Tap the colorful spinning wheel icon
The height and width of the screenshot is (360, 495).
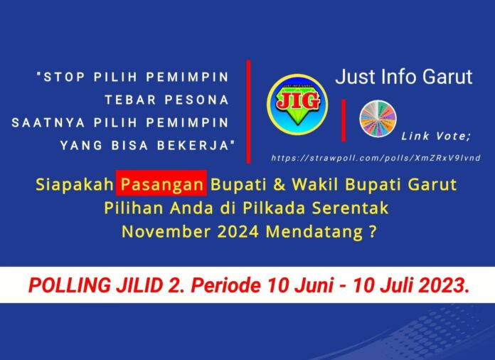coord(378,118)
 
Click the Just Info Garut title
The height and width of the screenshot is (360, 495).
coord(404,77)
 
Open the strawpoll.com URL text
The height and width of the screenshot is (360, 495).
coord(376,157)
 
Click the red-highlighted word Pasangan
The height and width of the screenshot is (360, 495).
coord(162,184)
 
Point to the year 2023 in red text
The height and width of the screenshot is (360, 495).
coord(443,286)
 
